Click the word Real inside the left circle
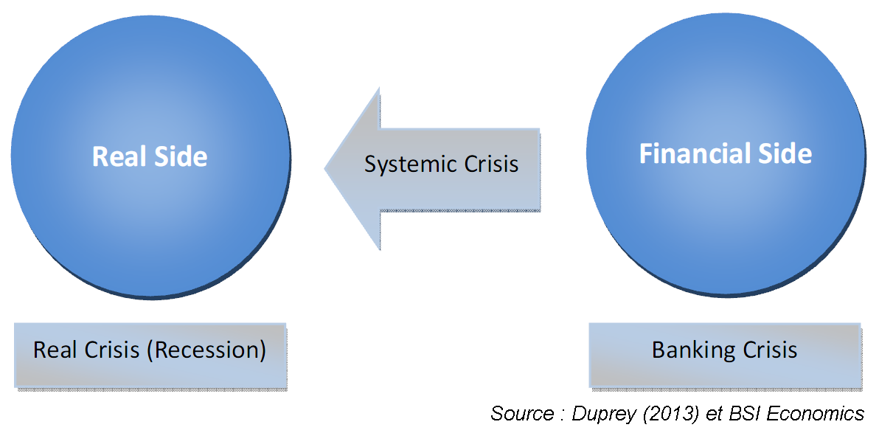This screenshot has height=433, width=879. pos(118,156)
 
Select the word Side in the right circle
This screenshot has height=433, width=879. pos(785,153)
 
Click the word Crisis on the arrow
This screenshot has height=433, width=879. pos(490,163)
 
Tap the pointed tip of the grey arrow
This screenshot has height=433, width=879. pos(327,169)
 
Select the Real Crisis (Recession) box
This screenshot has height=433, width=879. pos(150,355)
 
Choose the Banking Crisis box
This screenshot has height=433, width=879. pos(724,355)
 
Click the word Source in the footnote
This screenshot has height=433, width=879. pos(521,413)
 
